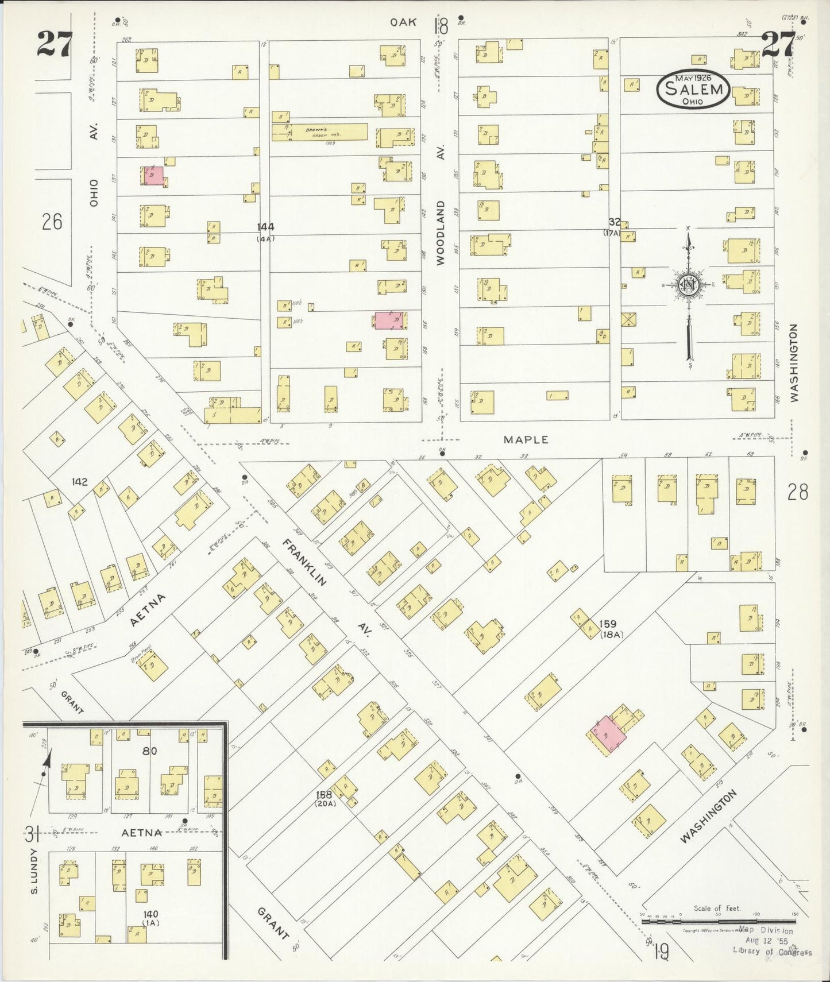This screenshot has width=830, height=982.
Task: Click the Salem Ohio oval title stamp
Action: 693,90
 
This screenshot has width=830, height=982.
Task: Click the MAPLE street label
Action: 526,440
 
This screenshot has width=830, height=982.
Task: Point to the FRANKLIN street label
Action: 304,562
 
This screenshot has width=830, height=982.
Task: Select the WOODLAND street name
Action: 441,232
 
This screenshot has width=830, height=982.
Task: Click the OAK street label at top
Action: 403,22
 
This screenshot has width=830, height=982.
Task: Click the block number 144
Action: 265,227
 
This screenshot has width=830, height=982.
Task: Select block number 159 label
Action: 607,624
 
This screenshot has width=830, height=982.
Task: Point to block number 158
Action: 324,795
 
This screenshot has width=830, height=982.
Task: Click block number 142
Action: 79,481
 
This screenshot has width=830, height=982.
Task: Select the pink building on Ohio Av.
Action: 153,176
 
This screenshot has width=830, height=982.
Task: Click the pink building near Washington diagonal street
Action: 608,734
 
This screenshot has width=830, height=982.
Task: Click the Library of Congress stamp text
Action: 771,952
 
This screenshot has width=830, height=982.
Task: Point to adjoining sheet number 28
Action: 797,493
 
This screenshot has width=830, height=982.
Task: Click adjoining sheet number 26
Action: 52,222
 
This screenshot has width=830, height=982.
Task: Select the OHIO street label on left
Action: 94,193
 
